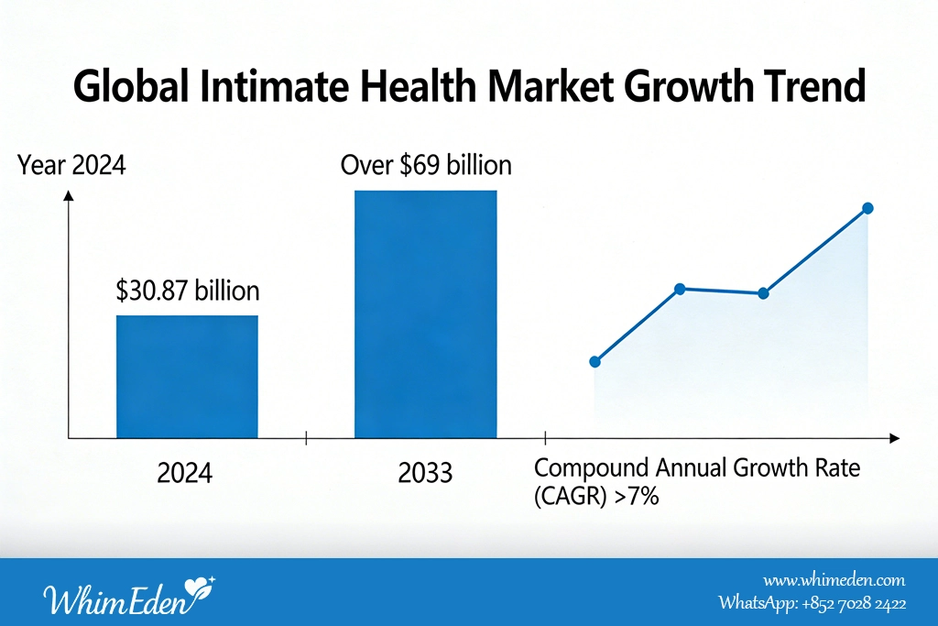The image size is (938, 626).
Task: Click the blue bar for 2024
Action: coord(187,377)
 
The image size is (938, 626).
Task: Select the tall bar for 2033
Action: coord(425,314)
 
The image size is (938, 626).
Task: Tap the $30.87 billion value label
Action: coord(188,291)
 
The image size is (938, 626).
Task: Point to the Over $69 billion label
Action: coord(426,165)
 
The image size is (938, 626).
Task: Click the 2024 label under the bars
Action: coord(185,473)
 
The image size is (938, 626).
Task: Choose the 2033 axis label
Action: coord(425,473)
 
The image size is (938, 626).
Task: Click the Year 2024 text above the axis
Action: coord(71,165)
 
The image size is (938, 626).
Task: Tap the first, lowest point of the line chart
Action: coord(594,361)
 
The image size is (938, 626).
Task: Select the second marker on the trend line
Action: coord(680,289)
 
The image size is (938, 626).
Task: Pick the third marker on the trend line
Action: coord(763,293)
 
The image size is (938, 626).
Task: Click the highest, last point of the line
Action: coord(868,208)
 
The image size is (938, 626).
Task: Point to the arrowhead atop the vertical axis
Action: coord(69,195)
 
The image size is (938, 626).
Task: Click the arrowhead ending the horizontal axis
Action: coord(895,439)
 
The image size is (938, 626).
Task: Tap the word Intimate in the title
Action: coord(275,85)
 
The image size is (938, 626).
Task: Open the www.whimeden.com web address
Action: coord(834,580)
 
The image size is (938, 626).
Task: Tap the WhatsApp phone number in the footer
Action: coord(855,603)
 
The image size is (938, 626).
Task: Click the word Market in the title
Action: coord(551,85)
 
